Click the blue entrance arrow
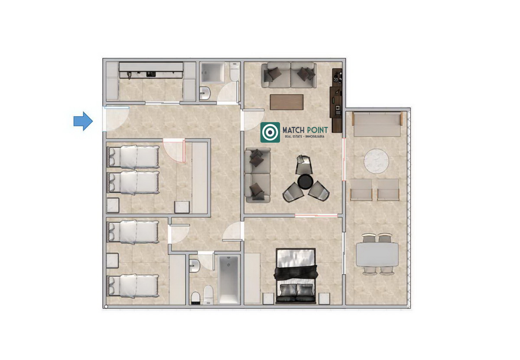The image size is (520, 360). click(83, 121)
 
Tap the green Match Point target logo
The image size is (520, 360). click(270, 132)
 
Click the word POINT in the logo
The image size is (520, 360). click(317, 130)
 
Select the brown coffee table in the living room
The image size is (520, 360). click(287, 102)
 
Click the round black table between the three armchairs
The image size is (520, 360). click(305, 182)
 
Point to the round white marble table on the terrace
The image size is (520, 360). click(376, 161)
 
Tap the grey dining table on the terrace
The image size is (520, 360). click(377, 254)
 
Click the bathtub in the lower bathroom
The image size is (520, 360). click(229, 279)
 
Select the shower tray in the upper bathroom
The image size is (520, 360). click(213, 72)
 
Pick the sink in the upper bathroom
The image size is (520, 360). click(205, 93)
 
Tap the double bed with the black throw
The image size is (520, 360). click(296, 276)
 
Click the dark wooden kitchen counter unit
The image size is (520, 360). click(336, 100)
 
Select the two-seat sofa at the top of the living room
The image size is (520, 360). click(289, 75)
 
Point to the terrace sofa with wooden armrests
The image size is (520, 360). click(377, 124)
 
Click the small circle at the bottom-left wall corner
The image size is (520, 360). click(106, 307)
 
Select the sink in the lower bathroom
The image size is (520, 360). click(195, 266)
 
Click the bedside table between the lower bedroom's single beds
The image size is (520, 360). click(113, 261)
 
